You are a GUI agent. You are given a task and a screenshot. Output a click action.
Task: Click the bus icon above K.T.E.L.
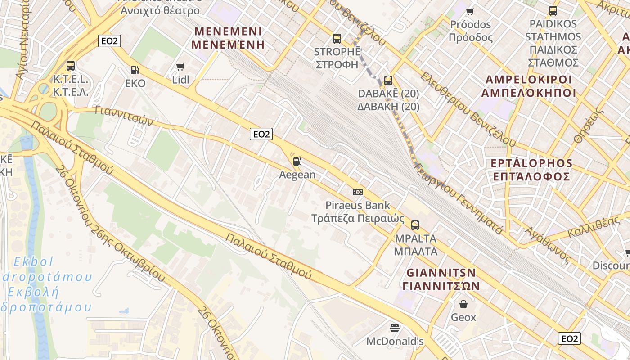click(x=71, y=66)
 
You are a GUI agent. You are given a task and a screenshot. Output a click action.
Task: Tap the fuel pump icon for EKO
click(x=135, y=70)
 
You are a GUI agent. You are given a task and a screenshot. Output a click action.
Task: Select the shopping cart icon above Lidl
click(x=180, y=67)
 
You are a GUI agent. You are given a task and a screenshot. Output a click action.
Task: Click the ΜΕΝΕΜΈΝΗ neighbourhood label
click(x=228, y=45)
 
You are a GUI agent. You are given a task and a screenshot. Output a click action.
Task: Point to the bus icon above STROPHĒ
click(x=337, y=39)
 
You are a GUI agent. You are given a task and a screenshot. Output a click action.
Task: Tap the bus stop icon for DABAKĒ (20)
click(x=388, y=81)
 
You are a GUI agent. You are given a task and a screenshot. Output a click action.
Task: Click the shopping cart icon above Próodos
click(x=470, y=11)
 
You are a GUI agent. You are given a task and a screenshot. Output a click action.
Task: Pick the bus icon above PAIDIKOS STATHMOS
click(x=553, y=11)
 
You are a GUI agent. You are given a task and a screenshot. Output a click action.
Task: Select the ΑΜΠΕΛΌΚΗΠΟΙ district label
click(x=529, y=93)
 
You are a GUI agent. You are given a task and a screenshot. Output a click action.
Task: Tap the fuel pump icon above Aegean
click(x=297, y=162)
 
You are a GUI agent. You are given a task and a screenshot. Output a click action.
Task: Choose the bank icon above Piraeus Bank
click(x=358, y=192)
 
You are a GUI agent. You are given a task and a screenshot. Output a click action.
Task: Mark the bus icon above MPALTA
click(x=415, y=225)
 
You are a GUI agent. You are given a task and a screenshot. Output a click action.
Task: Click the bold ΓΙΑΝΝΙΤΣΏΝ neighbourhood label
click(x=441, y=286)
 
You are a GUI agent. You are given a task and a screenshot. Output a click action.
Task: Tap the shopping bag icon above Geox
click(x=463, y=304)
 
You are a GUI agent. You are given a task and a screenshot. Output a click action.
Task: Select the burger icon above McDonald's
click(x=395, y=328)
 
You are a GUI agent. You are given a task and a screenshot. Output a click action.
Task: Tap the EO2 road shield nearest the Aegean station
click(x=261, y=134)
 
